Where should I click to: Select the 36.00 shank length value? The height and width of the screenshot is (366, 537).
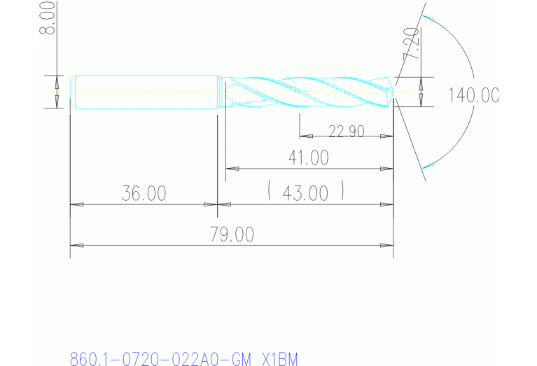tap(144, 194)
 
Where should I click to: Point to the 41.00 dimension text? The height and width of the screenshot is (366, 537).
tap(308, 158)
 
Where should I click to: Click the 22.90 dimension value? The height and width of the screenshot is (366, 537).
tap(346, 131)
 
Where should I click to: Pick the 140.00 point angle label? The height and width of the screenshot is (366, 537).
tap(474, 96)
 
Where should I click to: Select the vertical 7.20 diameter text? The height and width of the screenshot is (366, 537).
tap(411, 45)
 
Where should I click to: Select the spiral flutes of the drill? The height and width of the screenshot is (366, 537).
tap(308, 92)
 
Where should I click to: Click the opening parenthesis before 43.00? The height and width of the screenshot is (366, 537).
tap(270, 191)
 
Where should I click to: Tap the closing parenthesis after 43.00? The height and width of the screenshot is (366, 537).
tap(343, 191)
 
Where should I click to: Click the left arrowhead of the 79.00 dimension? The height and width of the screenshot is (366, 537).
tap(77, 246)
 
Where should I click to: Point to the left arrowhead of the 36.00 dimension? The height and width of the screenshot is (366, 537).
tap(77, 204)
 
